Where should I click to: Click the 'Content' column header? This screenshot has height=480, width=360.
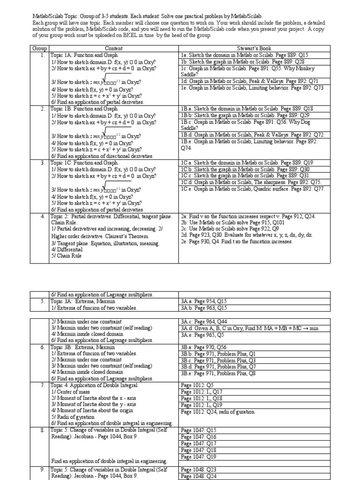point(113,49)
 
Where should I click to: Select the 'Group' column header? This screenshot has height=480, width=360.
point(39,49)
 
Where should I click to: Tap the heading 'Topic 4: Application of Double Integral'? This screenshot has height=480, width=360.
point(94,385)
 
